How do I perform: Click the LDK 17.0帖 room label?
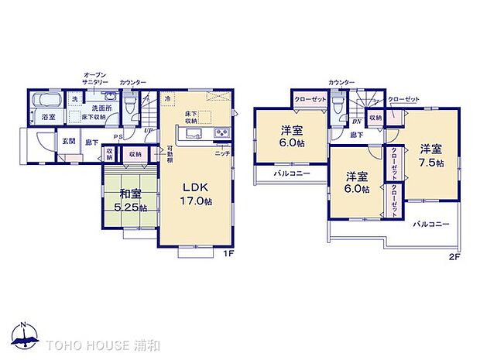[196, 194]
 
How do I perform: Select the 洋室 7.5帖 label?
[430, 156]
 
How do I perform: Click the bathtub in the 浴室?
[50, 102]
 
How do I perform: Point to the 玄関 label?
[69, 142]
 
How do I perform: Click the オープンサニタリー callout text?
[94, 78]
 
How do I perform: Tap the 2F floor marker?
[455, 255]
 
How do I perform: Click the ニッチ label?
[221, 153]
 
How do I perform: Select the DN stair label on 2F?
[357, 122]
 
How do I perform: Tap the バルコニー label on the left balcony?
[291, 174]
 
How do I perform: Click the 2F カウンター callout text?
[341, 82]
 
